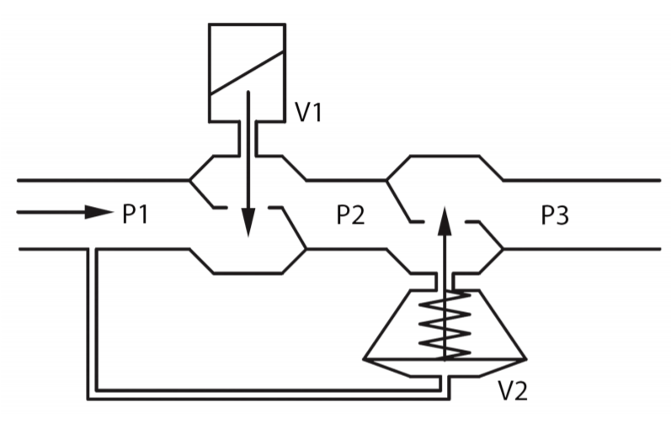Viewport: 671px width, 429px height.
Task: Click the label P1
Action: pyautogui.click(x=136, y=214)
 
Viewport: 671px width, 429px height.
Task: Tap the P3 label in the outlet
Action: pyautogui.click(x=555, y=215)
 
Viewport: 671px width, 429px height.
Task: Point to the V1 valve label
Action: pyautogui.click(x=308, y=113)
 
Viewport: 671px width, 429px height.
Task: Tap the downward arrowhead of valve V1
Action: pyautogui.click(x=248, y=224)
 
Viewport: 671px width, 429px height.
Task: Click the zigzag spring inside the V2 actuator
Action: pyautogui.click(x=445, y=324)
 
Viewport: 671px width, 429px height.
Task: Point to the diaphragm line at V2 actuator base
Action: pyautogui.click(x=445, y=359)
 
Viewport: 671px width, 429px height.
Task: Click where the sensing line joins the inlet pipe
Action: pyautogui.click(x=92, y=250)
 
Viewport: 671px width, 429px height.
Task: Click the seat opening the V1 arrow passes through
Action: pyautogui.click(x=248, y=207)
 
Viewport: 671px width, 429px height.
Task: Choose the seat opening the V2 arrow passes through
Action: pyautogui.click(x=445, y=221)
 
